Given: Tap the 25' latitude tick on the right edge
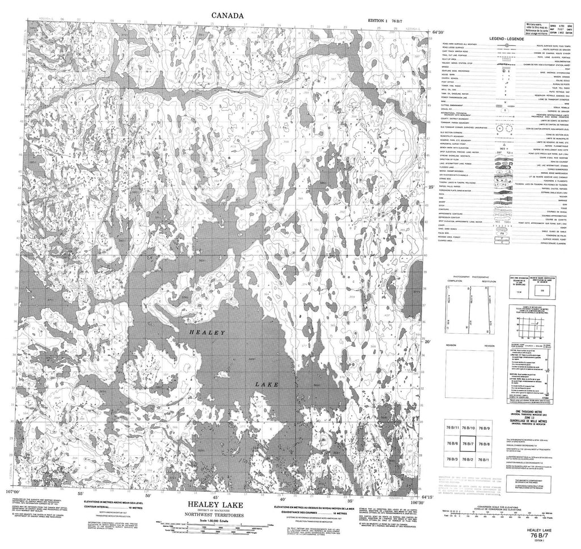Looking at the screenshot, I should [432, 187].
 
